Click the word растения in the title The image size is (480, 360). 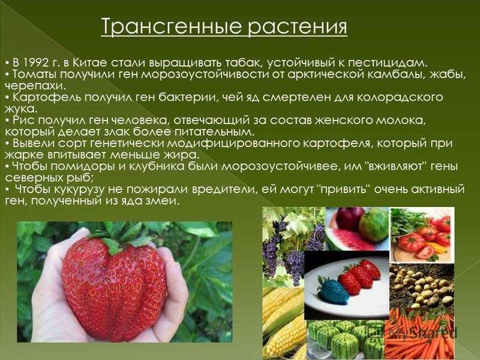click(296, 26)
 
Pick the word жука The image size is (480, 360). click(21, 109)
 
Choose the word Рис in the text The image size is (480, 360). click(24, 121)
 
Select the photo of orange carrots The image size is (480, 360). click(419, 334)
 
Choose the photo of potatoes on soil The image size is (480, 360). click(422, 286)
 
